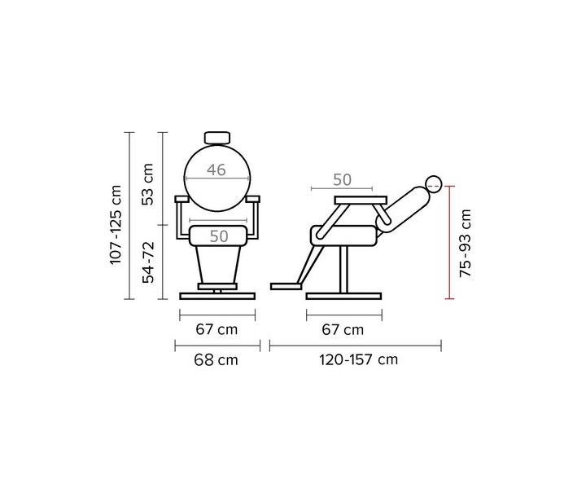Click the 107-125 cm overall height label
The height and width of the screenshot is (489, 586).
pyautogui.click(x=116, y=225)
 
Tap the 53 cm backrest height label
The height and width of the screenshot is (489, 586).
pyautogui.click(x=148, y=184)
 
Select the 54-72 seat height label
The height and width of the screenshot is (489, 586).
pyautogui.click(x=148, y=262)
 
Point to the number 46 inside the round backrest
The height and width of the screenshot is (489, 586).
pyautogui.click(x=216, y=170)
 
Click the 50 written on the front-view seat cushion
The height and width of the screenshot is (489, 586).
pyautogui.click(x=219, y=236)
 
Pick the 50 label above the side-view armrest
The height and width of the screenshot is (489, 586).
pyautogui.click(x=342, y=180)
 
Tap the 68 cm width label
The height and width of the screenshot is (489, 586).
pyautogui.click(x=216, y=360)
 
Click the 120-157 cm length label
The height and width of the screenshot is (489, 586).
pyautogui.click(x=358, y=360)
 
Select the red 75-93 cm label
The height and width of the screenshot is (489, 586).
pyautogui.click(x=466, y=243)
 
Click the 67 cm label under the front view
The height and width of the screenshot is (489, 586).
pyautogui.click(x=216, y=329)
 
